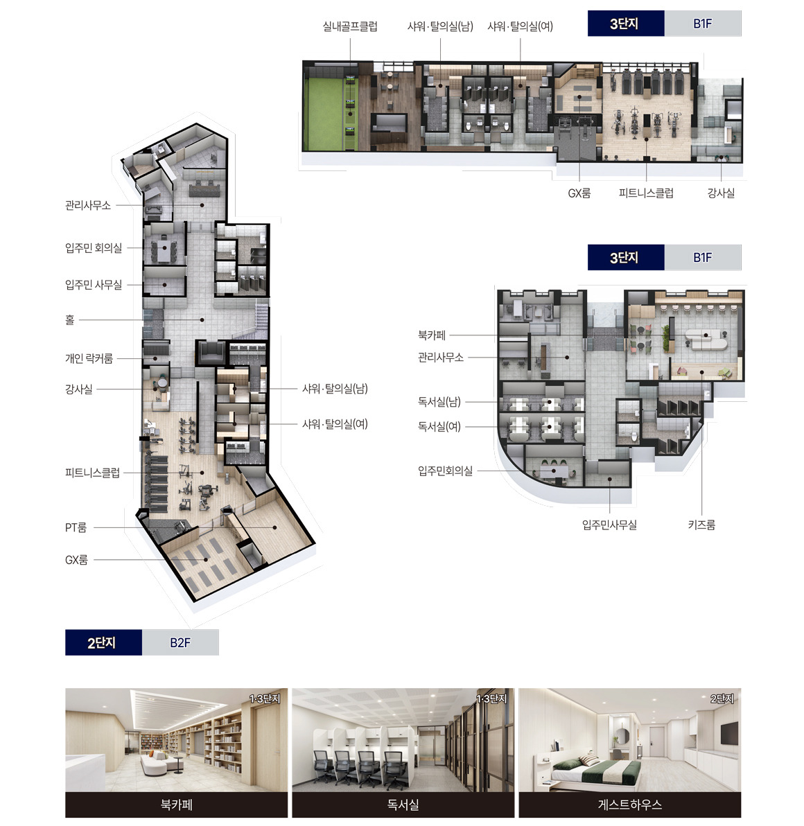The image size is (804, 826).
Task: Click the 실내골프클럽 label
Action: (350, 26)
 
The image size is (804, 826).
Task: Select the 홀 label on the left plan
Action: (69, 319)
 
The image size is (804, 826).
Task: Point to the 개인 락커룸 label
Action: (89, 359)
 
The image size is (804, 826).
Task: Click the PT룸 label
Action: (76, 527)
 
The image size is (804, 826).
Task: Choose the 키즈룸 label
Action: (701, 525)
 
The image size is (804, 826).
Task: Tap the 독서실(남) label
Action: (439, 402)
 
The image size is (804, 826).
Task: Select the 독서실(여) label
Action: (439, 426)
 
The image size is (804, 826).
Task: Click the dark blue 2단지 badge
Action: (103, 642)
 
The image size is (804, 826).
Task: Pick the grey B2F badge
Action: (180, 642)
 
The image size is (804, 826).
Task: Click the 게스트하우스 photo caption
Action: (629, 805)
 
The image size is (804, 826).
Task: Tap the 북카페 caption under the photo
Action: (177, 805)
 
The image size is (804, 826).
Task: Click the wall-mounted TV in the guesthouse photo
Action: (730, 734)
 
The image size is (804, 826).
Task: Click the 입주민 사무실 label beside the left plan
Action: (94, 285)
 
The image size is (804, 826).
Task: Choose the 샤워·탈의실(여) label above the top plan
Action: (520, 26)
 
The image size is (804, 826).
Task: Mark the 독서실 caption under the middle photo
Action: (403, 805)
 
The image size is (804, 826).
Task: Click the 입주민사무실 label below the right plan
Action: (609, 525)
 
